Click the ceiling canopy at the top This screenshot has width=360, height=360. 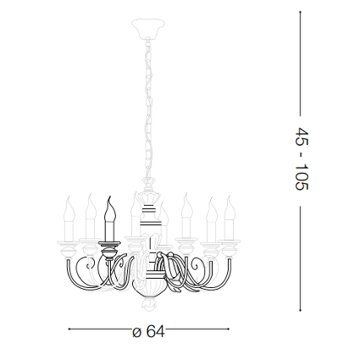coord(148,27)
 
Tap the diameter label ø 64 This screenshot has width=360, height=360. coord(148,331)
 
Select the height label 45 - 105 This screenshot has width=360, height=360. coord(302,159)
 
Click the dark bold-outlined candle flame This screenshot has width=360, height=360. coord(110,208)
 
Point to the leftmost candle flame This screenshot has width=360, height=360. coord(69,209)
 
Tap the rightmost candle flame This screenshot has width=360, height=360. coord(230,208)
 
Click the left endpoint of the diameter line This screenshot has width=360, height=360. coord(69,329)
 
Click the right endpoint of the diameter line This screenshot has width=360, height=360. coord(228,329)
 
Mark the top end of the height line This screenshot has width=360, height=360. coord(301,12)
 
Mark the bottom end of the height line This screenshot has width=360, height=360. coord(301,310)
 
